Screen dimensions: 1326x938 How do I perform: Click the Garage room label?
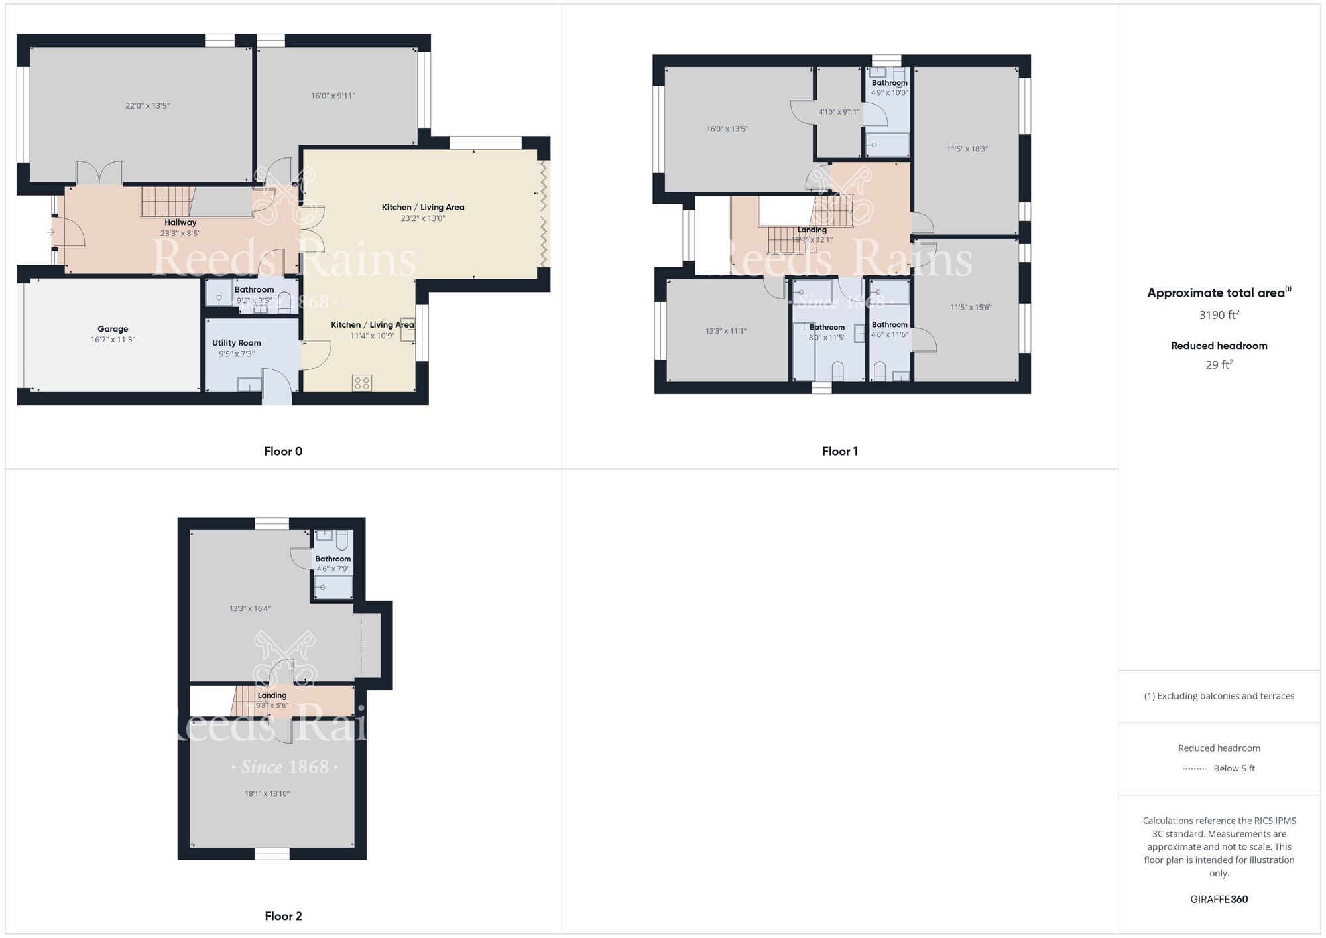(x=113, y=329)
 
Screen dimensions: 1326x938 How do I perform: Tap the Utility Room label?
(x=237, y=343)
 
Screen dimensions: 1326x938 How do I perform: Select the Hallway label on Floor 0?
(x=180, y=222)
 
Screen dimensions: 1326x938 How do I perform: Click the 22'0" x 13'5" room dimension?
(x=148, y=106)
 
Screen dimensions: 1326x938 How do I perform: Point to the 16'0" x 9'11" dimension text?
(x=333, y=96)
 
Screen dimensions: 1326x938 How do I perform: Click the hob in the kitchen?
(x=362, y=383)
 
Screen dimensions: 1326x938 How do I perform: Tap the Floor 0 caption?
(x=283, y=452)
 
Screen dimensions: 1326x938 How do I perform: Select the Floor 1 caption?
(x=840, y=452)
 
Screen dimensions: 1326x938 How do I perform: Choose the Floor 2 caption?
(x=283, y=916)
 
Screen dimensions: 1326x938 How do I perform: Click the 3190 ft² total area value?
(x=1219, y=314)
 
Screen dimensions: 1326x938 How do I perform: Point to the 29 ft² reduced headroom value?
(x=1219, y=364)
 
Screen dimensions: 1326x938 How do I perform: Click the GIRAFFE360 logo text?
(x=1219, y=900)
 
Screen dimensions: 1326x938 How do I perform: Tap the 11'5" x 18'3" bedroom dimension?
(x=967, y=149)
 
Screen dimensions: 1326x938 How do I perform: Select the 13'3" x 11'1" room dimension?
(x=726, y=331)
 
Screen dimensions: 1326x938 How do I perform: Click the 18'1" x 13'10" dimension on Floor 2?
(x=267, y=794)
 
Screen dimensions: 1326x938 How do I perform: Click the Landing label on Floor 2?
(x=272, y=695)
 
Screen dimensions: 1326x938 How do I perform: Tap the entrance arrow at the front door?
(x=51, y=232)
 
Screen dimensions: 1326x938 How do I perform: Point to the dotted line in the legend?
(x=1195, y=769)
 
